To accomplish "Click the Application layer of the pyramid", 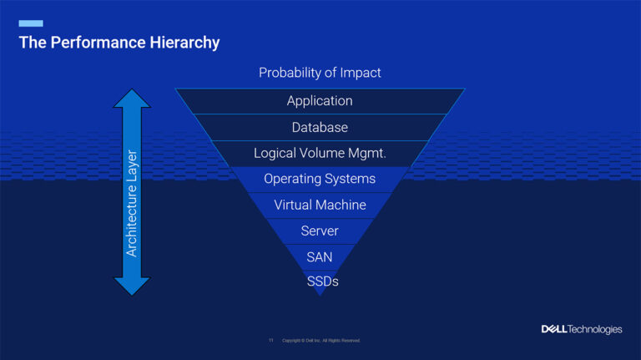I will click(320, 101).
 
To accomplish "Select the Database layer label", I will click(320, 128).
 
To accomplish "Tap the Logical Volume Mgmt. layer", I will click(320, 154).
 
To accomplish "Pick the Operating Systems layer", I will click(320, 179).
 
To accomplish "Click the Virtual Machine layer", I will click(320, 205).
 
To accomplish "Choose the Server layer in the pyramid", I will click(320, 231).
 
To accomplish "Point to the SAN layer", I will click(320, 256).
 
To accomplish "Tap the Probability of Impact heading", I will click(320, 73).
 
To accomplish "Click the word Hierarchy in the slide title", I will click(184, 43).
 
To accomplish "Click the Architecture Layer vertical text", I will click(132, 203).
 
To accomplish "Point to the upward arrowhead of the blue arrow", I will click(132, 99).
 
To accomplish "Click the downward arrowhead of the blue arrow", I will click(132, 286).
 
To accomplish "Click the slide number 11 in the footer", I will click(270, 341).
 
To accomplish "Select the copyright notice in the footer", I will click(321, 341).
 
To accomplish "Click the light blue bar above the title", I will click(31, 23).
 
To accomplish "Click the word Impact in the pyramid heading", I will click(361, 73).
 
